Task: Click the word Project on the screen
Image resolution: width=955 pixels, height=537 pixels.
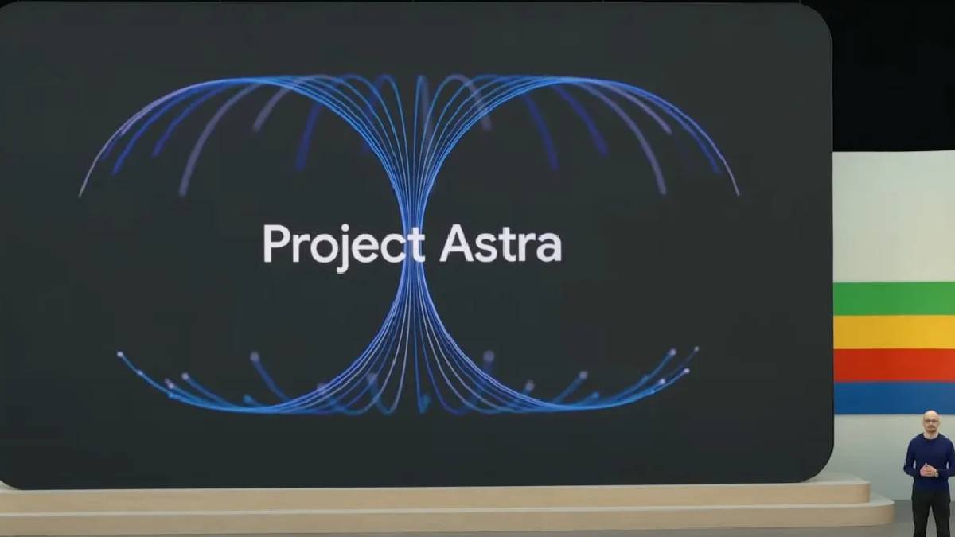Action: [x=344, y=247]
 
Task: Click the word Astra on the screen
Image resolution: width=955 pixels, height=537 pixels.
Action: [x=501, y=243]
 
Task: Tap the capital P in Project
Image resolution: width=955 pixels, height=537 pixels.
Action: [x=275, y=243]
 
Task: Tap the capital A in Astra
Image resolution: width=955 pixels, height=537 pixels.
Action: [x=456, y=243]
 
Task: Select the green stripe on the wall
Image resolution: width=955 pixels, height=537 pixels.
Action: [x=894, y=298]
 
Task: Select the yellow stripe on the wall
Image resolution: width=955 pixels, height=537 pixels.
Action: [x=894, y=333]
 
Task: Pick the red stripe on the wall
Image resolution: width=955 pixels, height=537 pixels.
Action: [x=894, y=366]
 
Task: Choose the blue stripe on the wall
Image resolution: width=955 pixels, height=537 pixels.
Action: [x=894, y=399]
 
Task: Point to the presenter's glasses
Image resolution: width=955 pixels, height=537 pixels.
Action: [x=930, y=421]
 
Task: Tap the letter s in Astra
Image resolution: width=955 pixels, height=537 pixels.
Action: [x=487, y=248]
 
